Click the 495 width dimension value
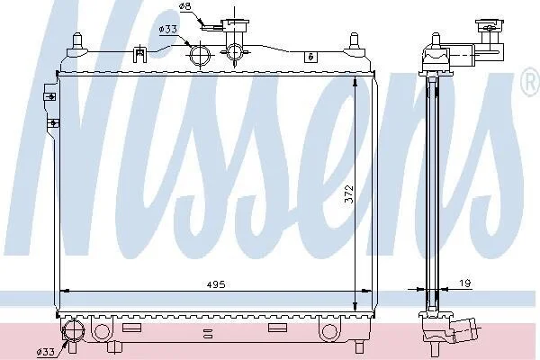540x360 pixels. (216, 284)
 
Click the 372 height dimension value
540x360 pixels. (349, 194)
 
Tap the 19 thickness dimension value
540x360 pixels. (465, 283)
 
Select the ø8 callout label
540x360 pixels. (184, 6)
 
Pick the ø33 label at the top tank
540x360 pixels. (167, 30)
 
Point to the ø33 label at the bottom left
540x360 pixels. (46, 352)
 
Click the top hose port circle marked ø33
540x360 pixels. (200, 56)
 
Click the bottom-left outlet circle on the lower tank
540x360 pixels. (74, 330)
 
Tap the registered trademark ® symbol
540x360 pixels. (532, 82)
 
